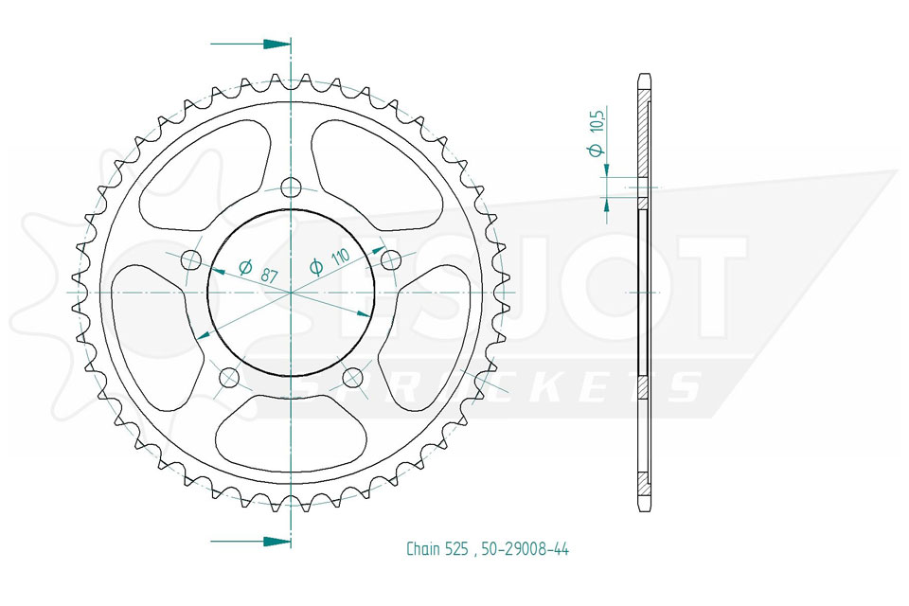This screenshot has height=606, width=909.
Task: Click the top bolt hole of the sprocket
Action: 291,187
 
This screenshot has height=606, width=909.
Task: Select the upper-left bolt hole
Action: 190,260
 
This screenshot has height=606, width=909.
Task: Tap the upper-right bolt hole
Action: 391,260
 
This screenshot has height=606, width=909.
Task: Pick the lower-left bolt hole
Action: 229,378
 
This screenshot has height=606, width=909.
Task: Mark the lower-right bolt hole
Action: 352,378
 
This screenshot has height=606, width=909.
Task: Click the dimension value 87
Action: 268,275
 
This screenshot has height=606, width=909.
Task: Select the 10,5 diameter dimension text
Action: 597,131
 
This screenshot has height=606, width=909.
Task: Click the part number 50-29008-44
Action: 525,548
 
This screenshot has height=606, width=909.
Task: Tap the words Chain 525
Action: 437,548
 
